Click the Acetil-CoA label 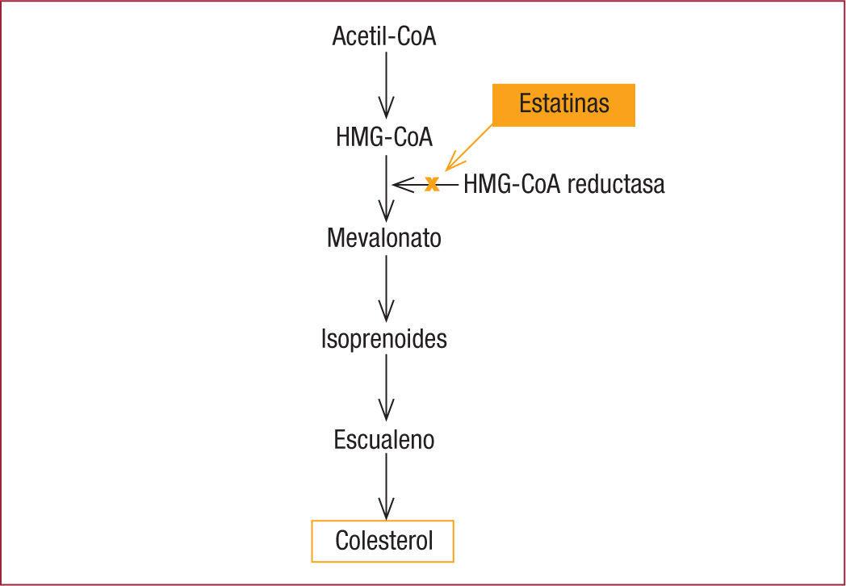click(384, 37)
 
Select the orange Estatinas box click(564, 105)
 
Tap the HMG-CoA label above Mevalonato click(384, 137)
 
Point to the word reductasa click(616, 185)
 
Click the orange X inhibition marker click(432, 184)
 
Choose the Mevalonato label click(384, 239)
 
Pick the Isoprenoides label click(384, 339)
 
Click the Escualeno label click(384, 440)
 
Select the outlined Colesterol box click(383, 541)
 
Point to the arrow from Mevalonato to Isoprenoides click(386, 287)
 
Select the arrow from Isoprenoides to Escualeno click(386, 387)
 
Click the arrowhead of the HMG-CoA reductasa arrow click(398, 185)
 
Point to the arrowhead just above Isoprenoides click(386, 312)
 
